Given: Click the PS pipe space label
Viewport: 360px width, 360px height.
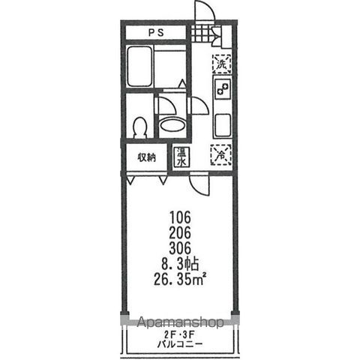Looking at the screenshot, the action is (156, 32).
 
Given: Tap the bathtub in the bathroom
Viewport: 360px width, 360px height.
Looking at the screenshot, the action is (139, 66).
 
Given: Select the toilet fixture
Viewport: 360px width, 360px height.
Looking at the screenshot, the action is (139, 127).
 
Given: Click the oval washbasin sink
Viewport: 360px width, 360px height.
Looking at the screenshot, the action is (172, 125).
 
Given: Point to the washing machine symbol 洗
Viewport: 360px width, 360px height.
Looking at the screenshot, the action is (221, 64).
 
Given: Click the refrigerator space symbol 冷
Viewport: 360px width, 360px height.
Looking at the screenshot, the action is (220, 155).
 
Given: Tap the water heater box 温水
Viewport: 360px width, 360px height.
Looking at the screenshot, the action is (181, 157).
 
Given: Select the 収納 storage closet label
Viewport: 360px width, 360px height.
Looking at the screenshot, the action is (146, 157).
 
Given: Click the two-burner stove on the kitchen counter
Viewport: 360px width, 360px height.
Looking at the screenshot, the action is (222, 89).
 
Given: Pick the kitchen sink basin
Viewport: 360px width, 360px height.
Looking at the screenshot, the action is (222, 125).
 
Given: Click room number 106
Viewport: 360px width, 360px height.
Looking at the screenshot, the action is (180, 217).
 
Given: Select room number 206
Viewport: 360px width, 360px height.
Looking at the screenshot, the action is (180, 233).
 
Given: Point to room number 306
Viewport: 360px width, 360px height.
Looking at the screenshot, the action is (180, 248).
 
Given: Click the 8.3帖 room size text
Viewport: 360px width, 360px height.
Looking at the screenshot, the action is (181, 264).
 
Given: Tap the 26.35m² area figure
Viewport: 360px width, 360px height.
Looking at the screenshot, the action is (179, 280).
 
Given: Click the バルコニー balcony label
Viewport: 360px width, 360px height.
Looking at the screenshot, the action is (179, 344).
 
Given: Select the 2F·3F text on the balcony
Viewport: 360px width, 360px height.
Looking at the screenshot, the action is (179, 334).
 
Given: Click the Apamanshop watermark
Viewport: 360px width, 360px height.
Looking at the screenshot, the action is (181, 322).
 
